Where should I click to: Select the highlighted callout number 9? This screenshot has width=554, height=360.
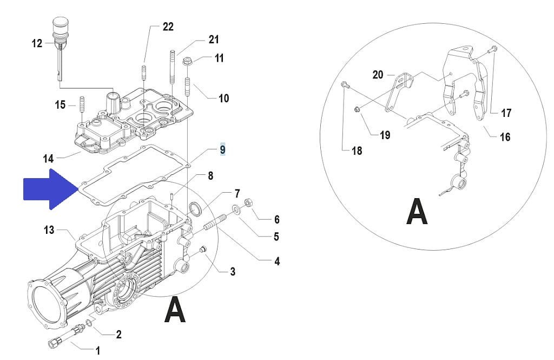click(x=222, y=149)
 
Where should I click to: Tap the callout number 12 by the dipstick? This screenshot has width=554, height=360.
click(x=37, y=43)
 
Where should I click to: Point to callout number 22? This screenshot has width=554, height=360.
click(x=168, y=27)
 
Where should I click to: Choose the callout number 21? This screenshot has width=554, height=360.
click(x=214, y=40)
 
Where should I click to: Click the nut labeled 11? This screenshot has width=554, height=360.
click(x=187, y=62)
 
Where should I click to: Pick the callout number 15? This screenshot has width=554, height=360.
click(x=60, y=105)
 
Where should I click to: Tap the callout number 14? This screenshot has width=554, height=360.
click(x=48, y=159)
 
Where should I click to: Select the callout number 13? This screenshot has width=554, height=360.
click(x=49, y=230)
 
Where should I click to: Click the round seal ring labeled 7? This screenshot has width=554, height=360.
click(x=195, y=208)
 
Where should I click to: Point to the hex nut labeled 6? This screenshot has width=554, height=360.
click(x=248, y=203)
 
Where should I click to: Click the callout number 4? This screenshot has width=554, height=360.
click(x=277, y=261)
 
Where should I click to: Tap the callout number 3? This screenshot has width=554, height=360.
click(x=233, y=272)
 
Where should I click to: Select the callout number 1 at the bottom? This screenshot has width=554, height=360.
click(x=98, y=350)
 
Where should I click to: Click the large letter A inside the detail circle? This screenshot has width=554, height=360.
click(x=417, y=212)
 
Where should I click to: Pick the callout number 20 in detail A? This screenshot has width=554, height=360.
click(x=378, y=75)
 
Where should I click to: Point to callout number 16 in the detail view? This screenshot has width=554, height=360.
click(x=505, y=137)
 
